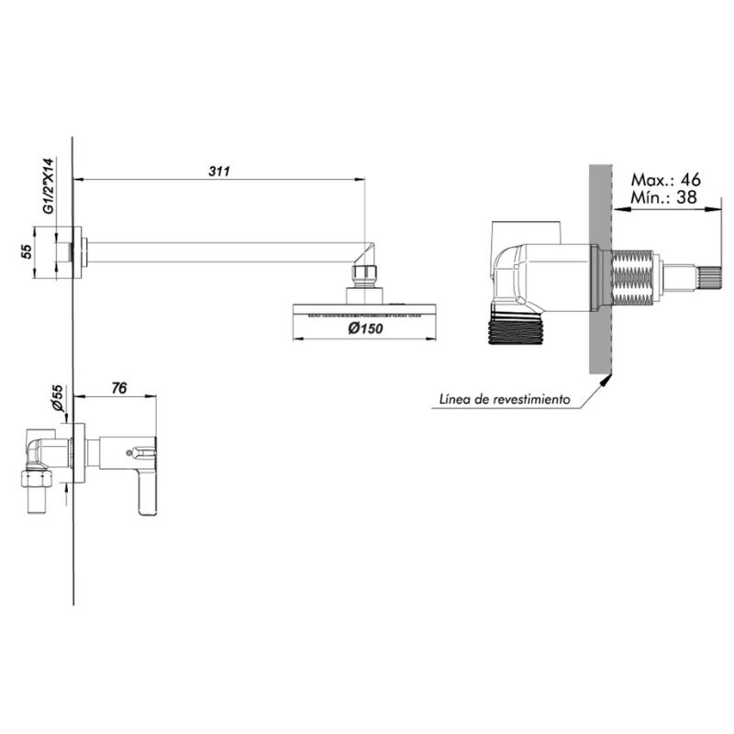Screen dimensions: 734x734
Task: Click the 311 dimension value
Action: tap(219, 172)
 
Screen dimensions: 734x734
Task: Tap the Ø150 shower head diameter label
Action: tap(365, 328)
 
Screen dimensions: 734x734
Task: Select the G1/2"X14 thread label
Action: tap(50, 186)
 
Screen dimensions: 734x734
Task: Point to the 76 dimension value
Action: tap(119, 388)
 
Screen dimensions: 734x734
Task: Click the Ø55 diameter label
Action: tap(58, 398)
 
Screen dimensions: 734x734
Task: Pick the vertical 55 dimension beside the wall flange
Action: tap(27, 251)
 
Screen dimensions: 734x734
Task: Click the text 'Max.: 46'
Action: tap(666, 179)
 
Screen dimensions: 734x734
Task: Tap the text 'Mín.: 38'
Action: tap(663, 197)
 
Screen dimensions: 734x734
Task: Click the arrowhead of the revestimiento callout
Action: tap(606, 380)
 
